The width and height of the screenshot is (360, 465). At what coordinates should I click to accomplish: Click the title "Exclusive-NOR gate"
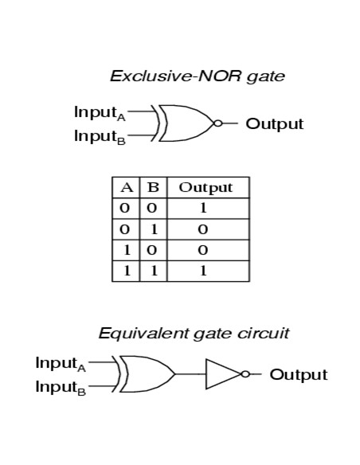point(197,76)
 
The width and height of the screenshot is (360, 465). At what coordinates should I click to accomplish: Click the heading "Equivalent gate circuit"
point(194,333)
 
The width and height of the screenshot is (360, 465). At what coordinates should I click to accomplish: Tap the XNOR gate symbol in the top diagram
point(185,123)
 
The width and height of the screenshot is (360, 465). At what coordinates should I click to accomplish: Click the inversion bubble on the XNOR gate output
point(217,123)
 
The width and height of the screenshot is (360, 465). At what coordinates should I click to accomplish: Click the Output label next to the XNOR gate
point(274,123)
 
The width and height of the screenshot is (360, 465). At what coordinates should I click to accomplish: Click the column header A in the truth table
point(126,188)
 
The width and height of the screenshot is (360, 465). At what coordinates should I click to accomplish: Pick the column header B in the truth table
point(153,188)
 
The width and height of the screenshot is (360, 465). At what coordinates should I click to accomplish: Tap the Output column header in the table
point(205,188)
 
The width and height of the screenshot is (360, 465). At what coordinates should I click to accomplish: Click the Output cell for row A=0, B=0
point(204,209)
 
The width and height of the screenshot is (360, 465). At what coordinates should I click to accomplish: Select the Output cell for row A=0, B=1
point(204,229)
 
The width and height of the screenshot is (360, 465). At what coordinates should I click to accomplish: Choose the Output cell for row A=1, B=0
point(204,250)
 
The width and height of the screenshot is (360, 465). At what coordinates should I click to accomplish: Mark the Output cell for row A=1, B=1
point(204,271)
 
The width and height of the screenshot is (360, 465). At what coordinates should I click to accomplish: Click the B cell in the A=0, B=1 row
point(153,229)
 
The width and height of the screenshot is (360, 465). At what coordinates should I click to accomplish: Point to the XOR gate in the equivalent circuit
point(146,374)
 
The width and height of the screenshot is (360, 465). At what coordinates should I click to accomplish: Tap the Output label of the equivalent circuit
point(298,374)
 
